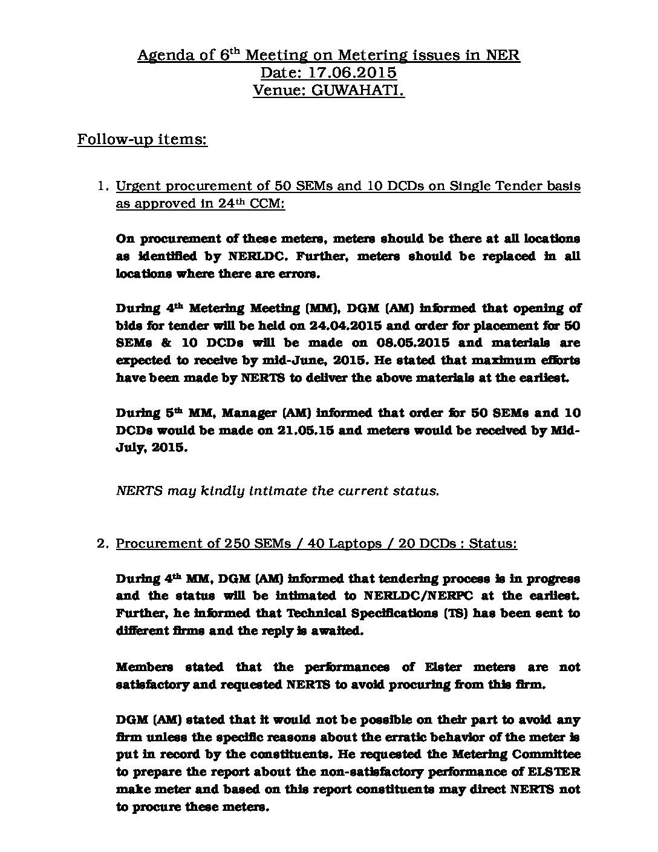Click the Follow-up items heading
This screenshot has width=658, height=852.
(142, 140)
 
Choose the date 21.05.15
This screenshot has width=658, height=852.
(318, 430)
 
